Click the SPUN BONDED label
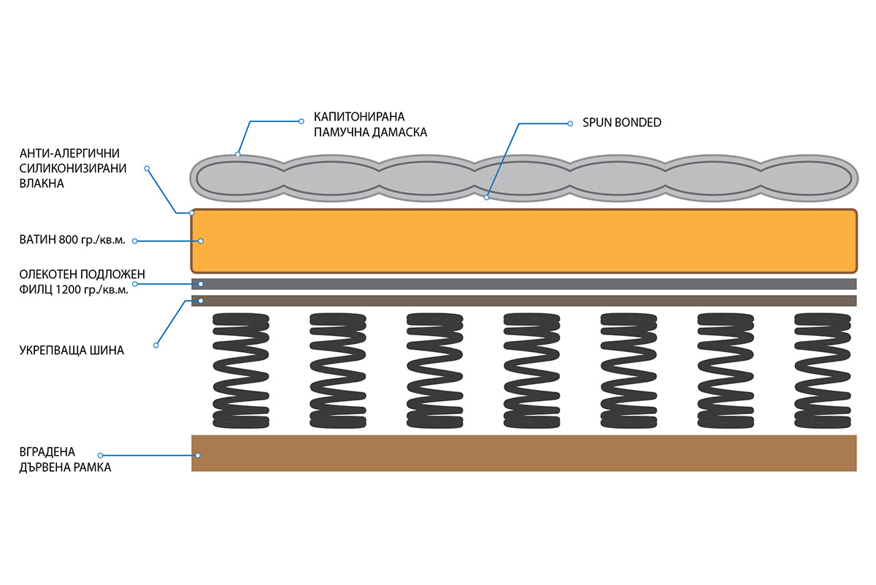[622, 123]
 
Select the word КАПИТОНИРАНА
[359, 117]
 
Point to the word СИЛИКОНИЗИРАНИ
[73, 168]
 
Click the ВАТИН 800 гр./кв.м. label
[72, 240]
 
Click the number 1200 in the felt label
[68, 289]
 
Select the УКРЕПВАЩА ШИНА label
[72, 350]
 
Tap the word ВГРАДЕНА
[47, 451]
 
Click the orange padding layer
[524, 241]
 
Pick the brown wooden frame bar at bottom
[524, 453]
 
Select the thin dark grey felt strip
[524, 283]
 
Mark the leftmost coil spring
[241, 370]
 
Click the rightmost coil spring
[823, 370]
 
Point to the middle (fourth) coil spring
[532, 370]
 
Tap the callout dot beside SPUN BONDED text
[570, 123]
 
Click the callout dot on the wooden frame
[198, 456]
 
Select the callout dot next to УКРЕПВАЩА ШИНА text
[156, 345]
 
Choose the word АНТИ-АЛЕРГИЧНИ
[69, 153]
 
